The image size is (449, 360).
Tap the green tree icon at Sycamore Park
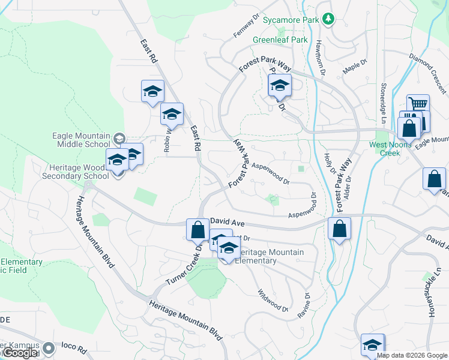[328, 20]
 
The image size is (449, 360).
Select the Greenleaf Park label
[280, 40]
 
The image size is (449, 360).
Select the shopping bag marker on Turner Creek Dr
[197, 229]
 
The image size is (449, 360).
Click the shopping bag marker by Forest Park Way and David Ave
[339, 229]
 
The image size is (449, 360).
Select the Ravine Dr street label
[307, 304]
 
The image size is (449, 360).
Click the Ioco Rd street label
[76, 349]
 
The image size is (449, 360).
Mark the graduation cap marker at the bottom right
[373, 346]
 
